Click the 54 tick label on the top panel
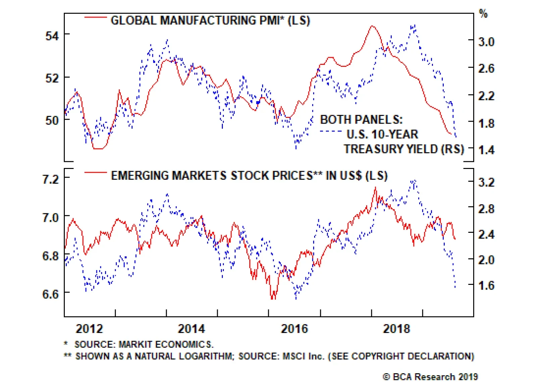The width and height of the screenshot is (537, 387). click(52, 36)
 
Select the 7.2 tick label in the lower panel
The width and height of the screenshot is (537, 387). click(50, 179)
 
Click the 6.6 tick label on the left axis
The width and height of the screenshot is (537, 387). click(50, 294)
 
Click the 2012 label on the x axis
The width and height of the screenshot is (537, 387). click(89, 329)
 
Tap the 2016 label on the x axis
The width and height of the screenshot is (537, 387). click(294, 329)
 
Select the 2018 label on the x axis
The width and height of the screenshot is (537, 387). click(396, 329)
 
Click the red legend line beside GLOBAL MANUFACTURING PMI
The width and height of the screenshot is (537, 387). click(95, 17)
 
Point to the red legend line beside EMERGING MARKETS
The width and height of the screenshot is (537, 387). click(95, 173)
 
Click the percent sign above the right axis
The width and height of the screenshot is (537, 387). click(483, 14)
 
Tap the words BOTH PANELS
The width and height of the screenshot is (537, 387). click(361, 120)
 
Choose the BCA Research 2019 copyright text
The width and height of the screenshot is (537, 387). click(430, 377)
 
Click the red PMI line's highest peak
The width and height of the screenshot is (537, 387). click(372, 26)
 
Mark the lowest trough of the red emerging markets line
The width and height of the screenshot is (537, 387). click(273, 298)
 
